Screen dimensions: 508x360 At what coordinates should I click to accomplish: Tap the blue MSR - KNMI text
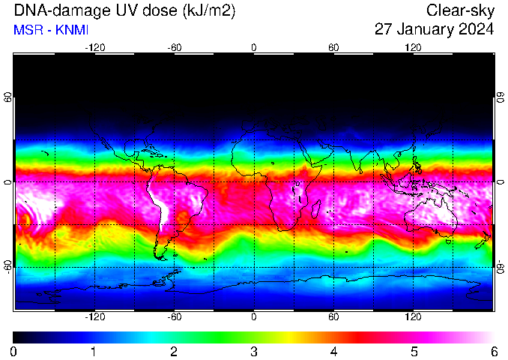51,30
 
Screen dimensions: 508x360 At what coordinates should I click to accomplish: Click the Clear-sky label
460,10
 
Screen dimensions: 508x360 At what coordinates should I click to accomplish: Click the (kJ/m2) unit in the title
209,10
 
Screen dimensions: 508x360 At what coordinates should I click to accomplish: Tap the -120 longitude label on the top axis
95,48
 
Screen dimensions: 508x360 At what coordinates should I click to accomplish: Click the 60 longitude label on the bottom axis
333,316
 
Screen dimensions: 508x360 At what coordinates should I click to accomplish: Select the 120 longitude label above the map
413,48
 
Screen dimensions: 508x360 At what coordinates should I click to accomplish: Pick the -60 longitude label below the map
175,316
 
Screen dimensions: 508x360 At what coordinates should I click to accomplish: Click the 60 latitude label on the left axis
7,97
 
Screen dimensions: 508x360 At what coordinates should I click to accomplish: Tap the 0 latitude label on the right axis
501,182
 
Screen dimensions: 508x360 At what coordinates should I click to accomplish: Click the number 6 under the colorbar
494,352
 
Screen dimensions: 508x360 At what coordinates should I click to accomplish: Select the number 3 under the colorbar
254,352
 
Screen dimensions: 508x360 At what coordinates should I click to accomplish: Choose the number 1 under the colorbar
94,352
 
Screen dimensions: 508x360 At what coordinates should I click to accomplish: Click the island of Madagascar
316,208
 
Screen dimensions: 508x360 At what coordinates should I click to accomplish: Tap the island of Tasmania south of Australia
449,241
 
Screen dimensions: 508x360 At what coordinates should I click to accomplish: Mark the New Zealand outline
483,240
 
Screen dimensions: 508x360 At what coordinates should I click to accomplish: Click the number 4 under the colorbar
333,352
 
